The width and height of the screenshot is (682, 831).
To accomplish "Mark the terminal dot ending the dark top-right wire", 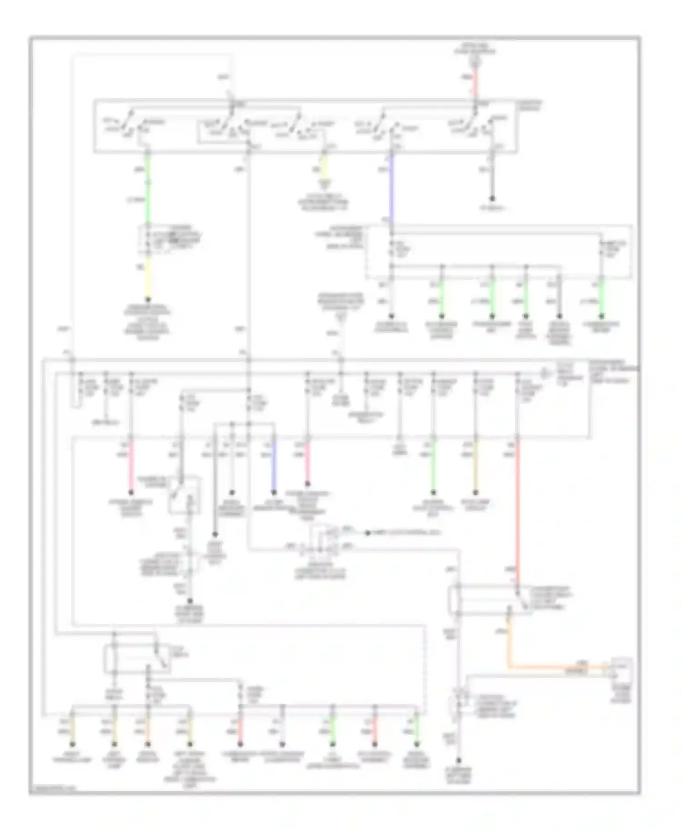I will point(491,199).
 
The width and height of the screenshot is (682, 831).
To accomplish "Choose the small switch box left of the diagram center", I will point(184,495).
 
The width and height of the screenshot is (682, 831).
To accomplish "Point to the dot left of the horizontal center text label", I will point(369,532).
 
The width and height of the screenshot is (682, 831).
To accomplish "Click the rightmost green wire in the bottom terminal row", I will point(416,727).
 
